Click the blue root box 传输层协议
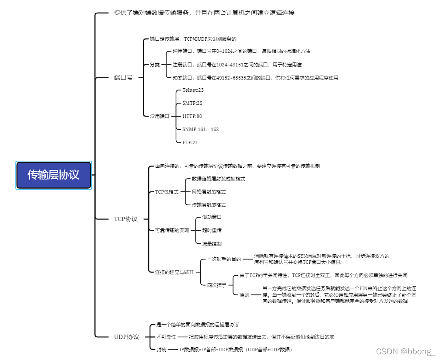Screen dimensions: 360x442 tap(53, 175)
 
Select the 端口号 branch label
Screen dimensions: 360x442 tap(123, 78)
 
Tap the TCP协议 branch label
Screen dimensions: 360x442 tap(125, 219)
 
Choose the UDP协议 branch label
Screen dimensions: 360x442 tap(126, 337)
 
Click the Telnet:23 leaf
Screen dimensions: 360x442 tap(193, 90)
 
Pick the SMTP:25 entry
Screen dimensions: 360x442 tap(192, 103)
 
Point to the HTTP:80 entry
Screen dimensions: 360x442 tap(192, 116)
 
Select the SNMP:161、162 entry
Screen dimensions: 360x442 tap(200, 129)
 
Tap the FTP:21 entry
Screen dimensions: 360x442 tap(190, 142)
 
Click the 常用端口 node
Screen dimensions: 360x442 tap(159, 116)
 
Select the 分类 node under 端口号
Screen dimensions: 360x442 tap(155, 65)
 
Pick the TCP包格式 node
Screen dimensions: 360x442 tap(167, 192)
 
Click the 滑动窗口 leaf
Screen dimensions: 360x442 tap(212, 217)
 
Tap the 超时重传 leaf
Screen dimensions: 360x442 tap(212, 230)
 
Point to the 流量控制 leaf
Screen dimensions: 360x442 tap(212, 244)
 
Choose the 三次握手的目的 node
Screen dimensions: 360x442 tap(224, 259)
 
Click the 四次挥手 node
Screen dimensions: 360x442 tap(216, 285)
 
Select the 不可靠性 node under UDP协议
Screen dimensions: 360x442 tap(166, 337)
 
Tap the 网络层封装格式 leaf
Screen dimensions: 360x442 tap(209, 192)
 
